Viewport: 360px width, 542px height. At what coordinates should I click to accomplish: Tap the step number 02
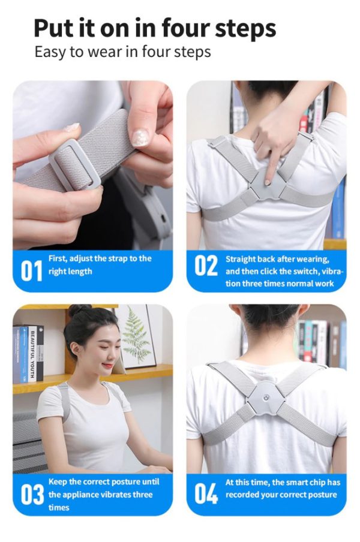pyautogui.click(x=205, y=266)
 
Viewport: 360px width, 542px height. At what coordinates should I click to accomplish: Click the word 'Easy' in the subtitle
pyautogui.click(x=49, y=52)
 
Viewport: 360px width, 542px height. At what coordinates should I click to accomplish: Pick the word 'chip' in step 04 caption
pyautogui.click(x=307, y=482)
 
